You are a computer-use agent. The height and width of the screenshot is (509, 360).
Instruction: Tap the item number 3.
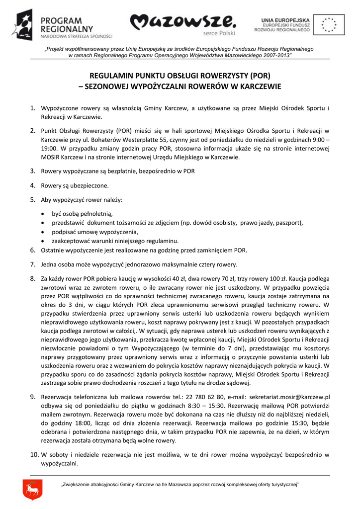[x=32, y=171]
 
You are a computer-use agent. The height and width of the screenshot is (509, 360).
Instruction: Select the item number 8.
[x=32, y=279]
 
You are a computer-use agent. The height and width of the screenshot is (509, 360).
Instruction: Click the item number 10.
[x=33, y=454]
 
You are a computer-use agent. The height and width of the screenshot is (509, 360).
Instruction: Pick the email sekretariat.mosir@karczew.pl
[x=289, y=398]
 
